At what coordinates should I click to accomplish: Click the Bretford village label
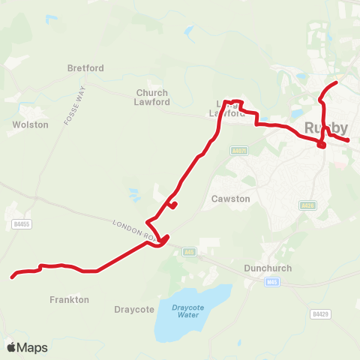(x=85, y=68)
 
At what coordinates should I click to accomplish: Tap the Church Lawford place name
(x=152, y=97)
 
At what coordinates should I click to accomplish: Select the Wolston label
(x=31, y=124)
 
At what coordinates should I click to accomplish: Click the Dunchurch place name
(x=267, y=268)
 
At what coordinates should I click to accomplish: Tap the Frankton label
(x=69, y=299)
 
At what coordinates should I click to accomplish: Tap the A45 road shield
(x=189, y=252)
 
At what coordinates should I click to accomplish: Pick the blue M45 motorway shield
(x=271, y=282)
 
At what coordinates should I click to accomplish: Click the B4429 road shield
(x=320, y=313)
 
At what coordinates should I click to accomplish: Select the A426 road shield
(x=306, y=205)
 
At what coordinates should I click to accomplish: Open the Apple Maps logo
(x=27, y=347)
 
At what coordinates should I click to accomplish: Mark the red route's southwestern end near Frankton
(x=12, y=277)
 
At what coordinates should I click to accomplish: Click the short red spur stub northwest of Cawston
(x=174, y=204)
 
